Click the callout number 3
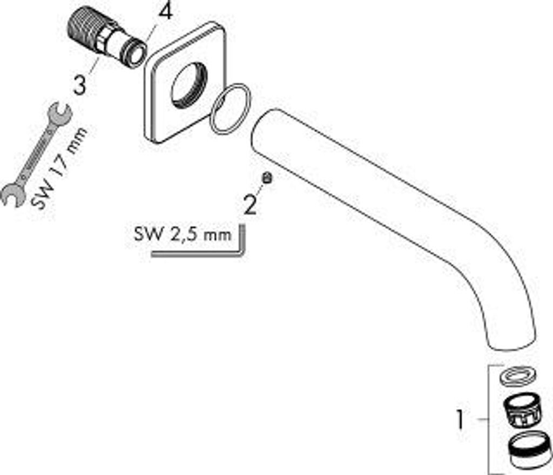[80, 85]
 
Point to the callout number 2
[249, 205]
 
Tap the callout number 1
[460, 419]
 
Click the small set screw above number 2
[266, 178]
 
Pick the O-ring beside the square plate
[231, 108]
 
